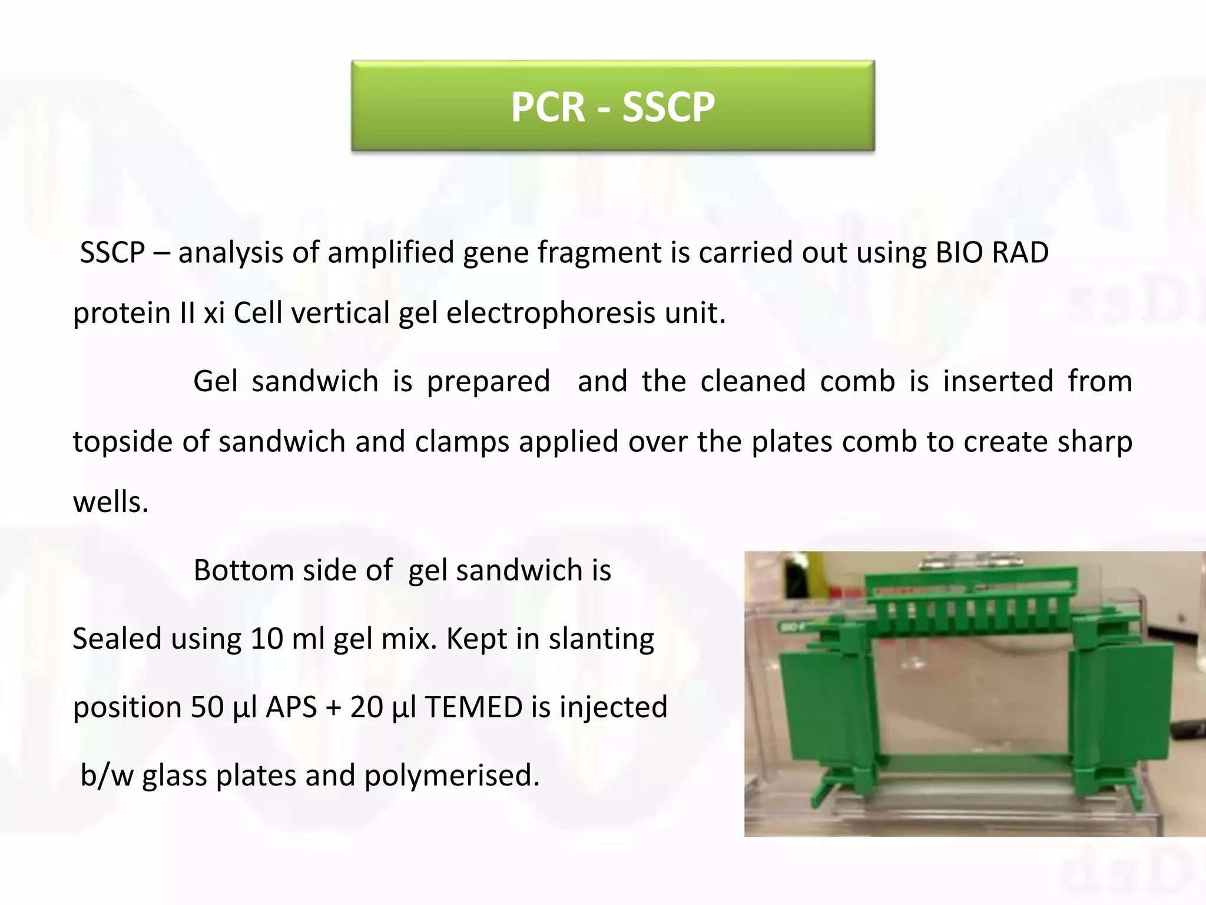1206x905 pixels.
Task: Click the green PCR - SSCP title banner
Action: click(x=612, y=106)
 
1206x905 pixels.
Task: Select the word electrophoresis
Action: click(x=551, y=313)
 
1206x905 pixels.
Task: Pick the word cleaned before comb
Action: click(x=753, y=381)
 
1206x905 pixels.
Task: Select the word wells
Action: click(x=110, y=503)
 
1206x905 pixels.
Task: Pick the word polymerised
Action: click(x=451, y=776)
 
